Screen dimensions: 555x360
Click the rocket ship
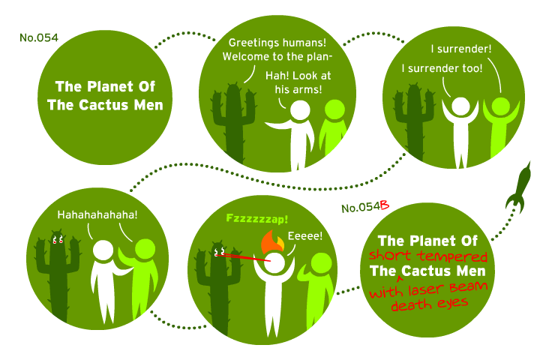click(518, 187)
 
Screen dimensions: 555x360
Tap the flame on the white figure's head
click(271, 241)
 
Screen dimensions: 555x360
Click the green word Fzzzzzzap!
click(257, 218)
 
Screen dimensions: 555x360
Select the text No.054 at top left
click(39, 37)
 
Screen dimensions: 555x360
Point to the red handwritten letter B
click(385, 205)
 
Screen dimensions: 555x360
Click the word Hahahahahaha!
click(97, 214)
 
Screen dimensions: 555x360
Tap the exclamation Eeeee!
click(305, 235)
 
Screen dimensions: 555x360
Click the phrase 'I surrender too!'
click(442, 68)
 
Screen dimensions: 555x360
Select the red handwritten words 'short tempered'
click(428, 256)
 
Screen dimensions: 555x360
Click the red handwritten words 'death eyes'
click(429, 304)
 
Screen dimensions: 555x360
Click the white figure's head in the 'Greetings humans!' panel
click(300, 110)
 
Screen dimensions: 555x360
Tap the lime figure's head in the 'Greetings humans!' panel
click(334, 109)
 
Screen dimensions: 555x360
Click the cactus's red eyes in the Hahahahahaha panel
click(58, 240)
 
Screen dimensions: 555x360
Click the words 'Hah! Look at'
click(298, 76)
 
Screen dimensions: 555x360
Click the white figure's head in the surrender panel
click(460, 106)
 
